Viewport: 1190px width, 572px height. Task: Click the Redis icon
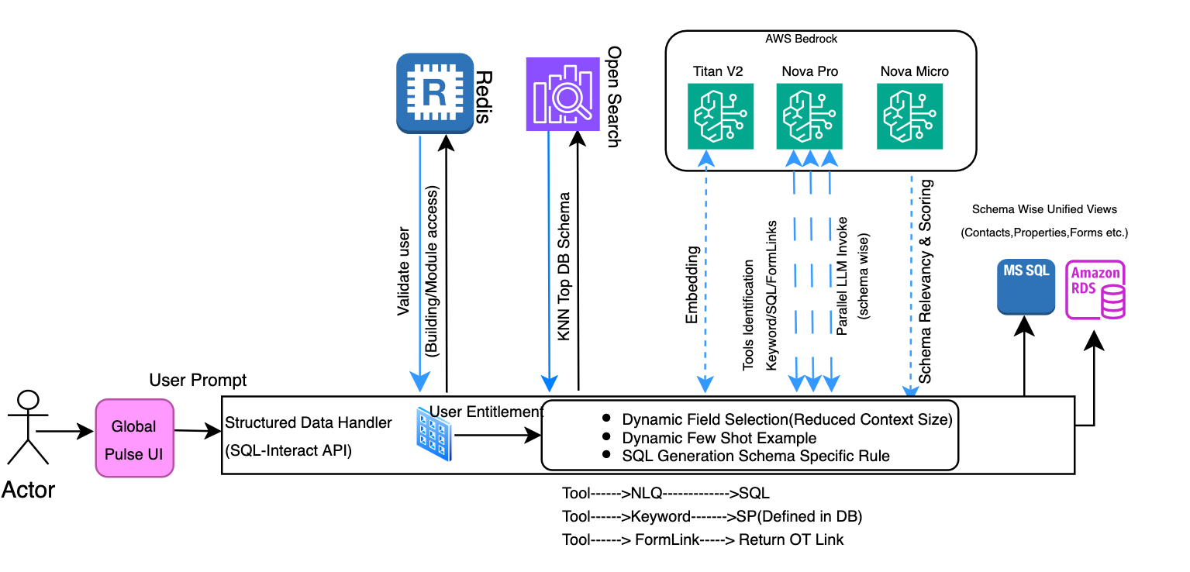[435, 93]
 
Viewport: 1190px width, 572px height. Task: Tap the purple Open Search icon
[564, 93]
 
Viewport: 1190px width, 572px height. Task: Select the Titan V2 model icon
[720, 116]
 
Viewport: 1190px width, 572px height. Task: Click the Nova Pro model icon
[809, 116]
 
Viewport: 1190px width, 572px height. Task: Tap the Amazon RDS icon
[1095, 290]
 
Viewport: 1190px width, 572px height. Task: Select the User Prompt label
[198, 381]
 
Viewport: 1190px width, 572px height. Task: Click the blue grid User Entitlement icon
[433, 433]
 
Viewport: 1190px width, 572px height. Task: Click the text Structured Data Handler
[308, 423]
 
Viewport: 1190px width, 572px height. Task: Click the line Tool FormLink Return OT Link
[702, 539]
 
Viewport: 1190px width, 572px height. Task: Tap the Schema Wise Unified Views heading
[1044, 209]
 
